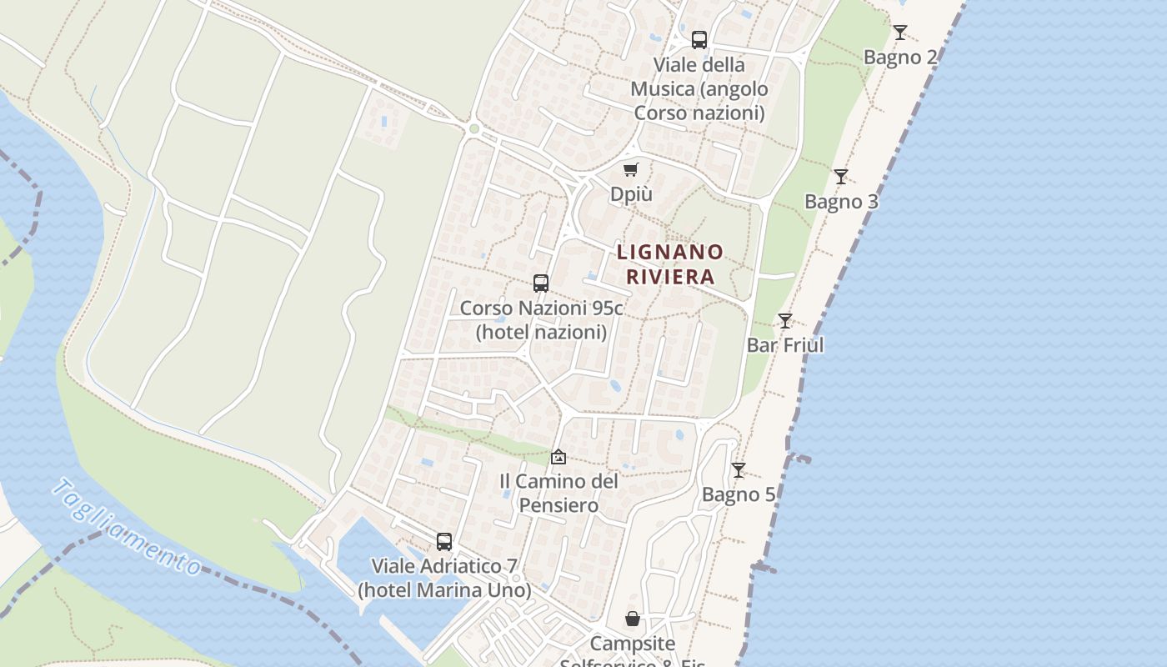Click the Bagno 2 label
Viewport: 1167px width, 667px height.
900,58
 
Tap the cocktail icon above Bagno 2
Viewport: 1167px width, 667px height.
900,33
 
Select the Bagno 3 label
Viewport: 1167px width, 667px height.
841,202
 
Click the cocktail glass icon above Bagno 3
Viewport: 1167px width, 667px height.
841,177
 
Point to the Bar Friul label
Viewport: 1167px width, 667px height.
785,345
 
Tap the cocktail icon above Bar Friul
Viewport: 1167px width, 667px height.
785,320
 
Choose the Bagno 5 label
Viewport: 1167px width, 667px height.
739,494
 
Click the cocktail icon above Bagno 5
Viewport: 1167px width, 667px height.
739,470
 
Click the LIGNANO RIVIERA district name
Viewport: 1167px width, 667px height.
670,264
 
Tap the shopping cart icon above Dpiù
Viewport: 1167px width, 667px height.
631,170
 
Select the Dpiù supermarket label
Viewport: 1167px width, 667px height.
631,194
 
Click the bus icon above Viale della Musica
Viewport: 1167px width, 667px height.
699,40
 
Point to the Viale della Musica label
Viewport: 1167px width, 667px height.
699,88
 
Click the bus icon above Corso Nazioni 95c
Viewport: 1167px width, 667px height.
541,283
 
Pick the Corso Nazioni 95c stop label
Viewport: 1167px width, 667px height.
541,320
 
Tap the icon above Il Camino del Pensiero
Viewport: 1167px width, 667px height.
558,457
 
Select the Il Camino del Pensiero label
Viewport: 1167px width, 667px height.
558,494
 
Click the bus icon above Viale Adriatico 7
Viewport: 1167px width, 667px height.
444,542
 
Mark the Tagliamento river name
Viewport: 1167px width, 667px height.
125,528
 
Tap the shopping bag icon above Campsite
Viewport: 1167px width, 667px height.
633,619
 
